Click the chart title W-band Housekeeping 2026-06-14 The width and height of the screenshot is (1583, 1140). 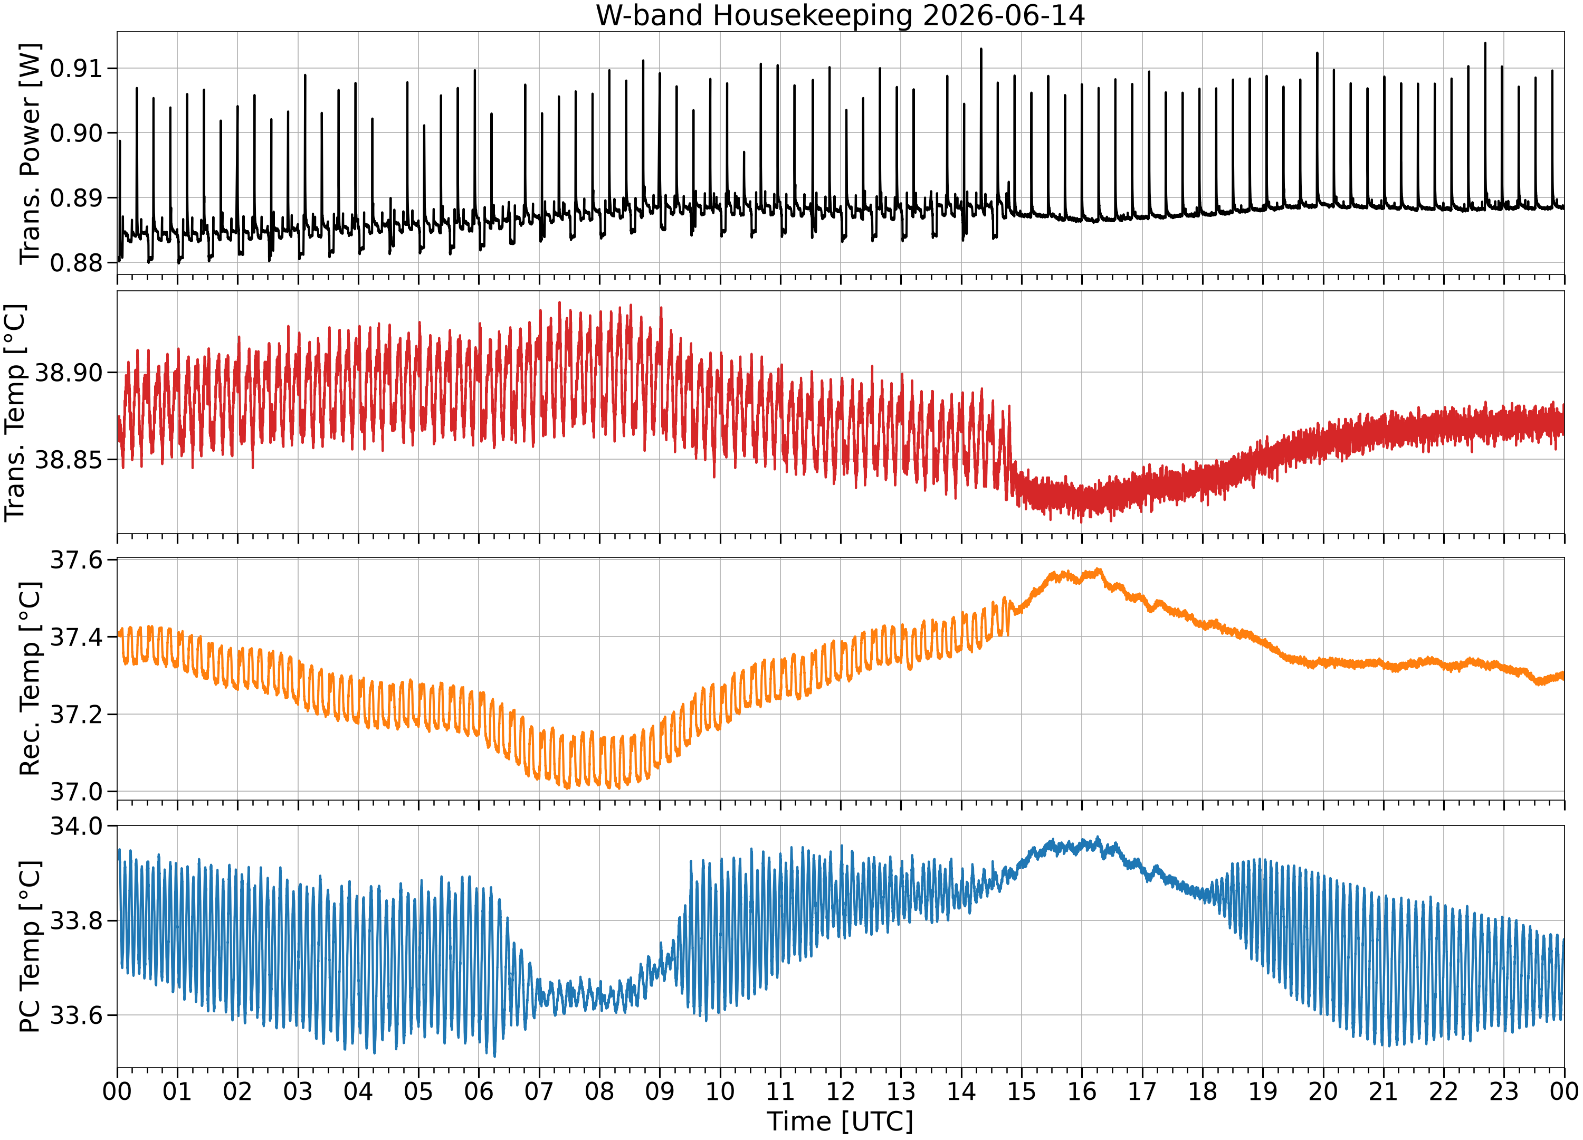click(841, 15)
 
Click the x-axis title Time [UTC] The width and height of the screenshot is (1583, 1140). click(841, 1121)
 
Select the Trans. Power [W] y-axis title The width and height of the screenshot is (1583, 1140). click(30, 154)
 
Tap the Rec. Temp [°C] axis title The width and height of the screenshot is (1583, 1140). click(30, 679)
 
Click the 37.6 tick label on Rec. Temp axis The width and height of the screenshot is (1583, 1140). click(76, 560)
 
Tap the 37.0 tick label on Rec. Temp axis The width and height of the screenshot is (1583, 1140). click(76, 792)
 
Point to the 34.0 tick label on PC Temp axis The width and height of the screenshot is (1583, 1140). click(76, 826)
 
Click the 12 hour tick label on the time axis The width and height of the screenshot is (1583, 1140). click(841, 1090)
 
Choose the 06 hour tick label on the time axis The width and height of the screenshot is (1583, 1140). click(479, 1090)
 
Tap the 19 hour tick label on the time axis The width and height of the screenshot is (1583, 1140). click(1263, 1090)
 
